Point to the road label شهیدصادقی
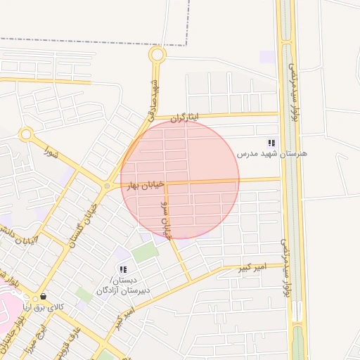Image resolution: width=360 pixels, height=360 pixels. point(153,98)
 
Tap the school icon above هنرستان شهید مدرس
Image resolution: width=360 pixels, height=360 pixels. point(271,143)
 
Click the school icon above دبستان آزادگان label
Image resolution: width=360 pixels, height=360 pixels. point(123,269)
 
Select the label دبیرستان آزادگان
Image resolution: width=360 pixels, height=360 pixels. point(116,290)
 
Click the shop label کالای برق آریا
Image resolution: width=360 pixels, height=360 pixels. point(44,307)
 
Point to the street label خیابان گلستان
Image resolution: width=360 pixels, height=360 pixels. point(84,221)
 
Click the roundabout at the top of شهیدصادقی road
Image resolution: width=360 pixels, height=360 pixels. point(157,55)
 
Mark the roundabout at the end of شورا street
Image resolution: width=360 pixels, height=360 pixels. point(27,134)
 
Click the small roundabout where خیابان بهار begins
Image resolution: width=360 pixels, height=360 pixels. point(107,186)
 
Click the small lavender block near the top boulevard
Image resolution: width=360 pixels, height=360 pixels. point(267,56)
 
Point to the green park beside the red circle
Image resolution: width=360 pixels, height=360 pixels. point(145,252)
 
